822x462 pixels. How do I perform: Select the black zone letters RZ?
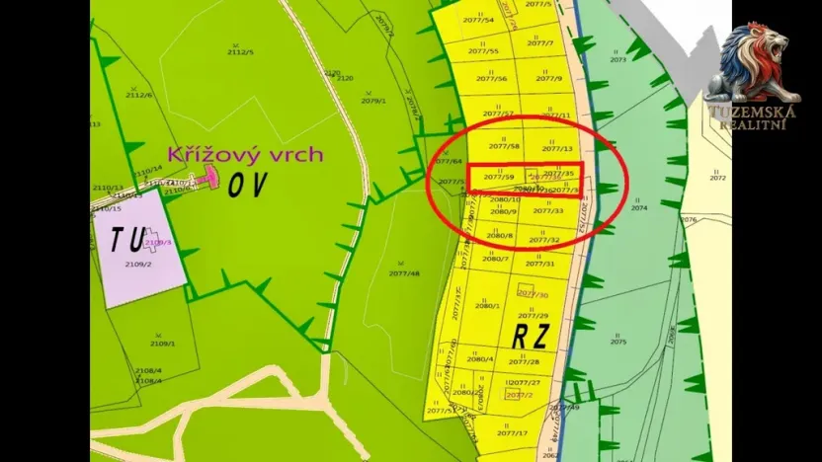click(533, 336)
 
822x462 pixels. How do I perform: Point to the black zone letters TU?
click(128, 239)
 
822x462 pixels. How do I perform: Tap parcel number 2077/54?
click(481, 20)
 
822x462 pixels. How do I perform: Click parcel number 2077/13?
click(558, 149)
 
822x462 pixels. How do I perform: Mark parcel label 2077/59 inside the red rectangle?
click(499, 177)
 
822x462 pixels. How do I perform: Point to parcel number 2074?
click(639, 209)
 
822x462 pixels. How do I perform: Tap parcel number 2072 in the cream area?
click(717, 178)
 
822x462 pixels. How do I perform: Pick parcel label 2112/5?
click(241, 53)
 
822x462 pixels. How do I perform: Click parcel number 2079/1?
click(373, 101)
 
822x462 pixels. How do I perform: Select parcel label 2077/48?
click(404, 273)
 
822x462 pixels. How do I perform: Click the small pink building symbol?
click(209, 176)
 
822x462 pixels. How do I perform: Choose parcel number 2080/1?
click(487, 306)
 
